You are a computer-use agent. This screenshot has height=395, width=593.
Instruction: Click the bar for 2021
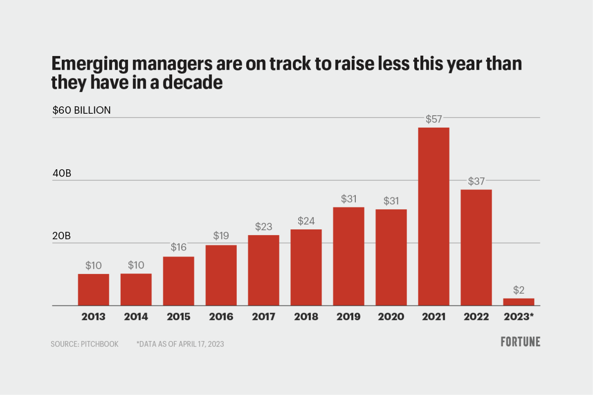coord(434,216)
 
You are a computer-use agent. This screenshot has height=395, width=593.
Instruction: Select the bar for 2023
coord(518,302)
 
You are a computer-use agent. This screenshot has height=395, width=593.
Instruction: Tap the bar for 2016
coord(221,275)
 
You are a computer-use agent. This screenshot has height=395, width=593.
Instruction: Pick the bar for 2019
coord(348,256)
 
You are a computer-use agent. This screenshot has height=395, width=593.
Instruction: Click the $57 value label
coord(434,119)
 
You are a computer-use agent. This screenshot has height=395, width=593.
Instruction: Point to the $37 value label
coord(476,181)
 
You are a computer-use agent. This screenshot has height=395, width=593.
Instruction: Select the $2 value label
coord(518,290)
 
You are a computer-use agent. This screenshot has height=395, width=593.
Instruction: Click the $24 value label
coord(306,221)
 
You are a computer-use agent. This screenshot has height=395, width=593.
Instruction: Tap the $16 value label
coord(178,247)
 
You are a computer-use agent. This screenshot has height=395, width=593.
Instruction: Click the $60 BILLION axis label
coord(82,110)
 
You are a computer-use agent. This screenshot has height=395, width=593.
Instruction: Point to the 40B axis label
coord(62,173)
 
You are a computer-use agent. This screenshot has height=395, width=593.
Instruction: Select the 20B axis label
coord(61,236)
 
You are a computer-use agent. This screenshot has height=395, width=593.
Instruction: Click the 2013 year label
coord(93,316)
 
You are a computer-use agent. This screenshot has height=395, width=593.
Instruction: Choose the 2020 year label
coord(391,316)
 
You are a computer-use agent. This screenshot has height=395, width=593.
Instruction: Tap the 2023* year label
coord(518,316)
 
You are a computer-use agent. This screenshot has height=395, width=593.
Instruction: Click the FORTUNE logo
coord(520,342)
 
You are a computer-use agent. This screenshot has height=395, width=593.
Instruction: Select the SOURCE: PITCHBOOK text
coord(84,344)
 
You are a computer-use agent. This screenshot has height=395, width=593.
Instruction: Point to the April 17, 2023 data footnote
coord(180,344)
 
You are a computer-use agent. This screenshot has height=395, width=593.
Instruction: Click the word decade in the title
coord(192,82)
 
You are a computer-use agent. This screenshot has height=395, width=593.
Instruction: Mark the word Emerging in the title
coord(90,64)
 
